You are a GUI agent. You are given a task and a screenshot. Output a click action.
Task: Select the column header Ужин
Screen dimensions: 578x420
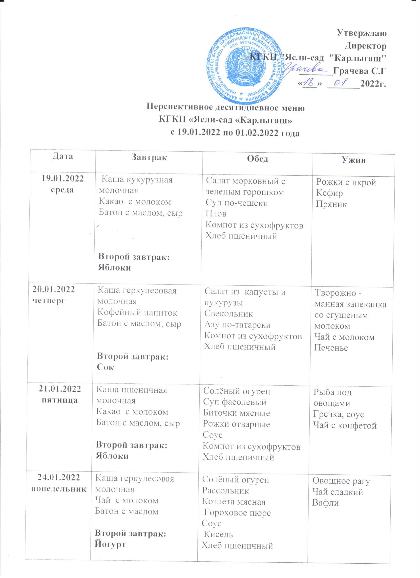[354, 160]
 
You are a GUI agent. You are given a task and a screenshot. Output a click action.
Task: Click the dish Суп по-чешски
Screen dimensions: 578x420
[236, 203]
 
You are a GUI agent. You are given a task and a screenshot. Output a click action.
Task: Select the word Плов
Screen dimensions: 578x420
[216, 214]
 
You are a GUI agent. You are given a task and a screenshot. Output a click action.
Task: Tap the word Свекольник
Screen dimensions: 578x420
[229, 314]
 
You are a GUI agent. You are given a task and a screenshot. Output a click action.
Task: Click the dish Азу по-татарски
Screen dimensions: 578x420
[237, 325]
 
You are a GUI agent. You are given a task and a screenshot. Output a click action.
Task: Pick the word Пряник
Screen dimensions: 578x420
[331, 204]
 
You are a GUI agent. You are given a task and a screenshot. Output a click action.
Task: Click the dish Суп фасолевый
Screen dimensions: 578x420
[234, 402]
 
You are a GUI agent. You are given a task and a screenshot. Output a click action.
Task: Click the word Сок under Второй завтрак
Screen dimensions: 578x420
[105, 367]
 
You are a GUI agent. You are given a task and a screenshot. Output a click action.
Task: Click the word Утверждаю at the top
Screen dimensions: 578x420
[362, 33]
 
